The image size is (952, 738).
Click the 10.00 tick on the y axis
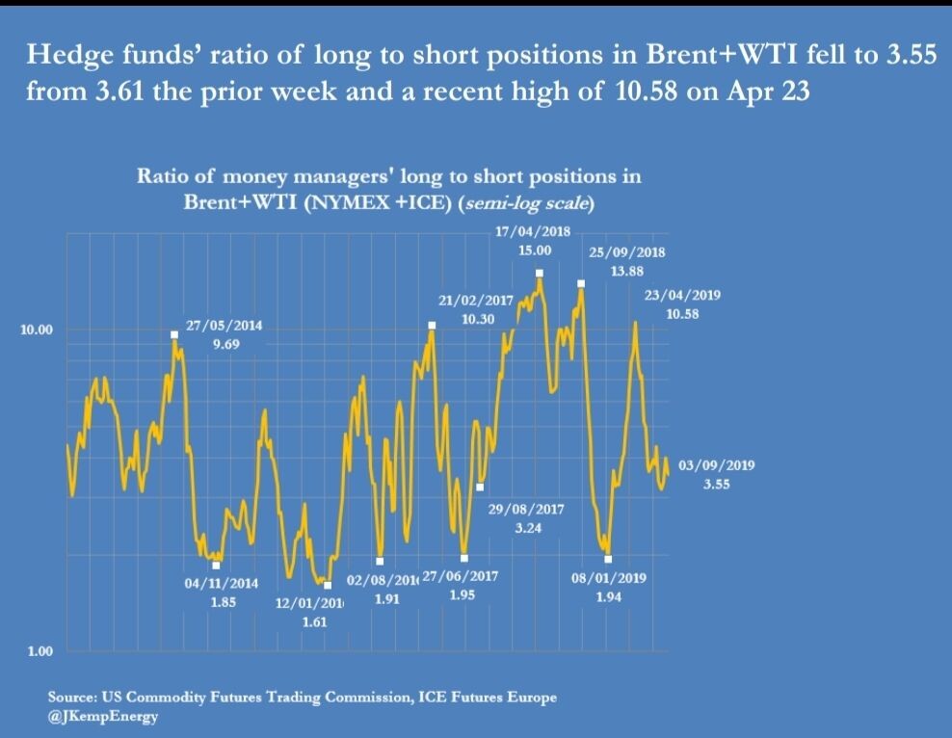point(37,329)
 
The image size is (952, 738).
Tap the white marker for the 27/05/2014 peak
point(174,334)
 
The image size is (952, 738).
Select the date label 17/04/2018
point(533,232)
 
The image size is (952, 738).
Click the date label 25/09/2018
point(626,253)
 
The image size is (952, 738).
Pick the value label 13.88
point(627,272)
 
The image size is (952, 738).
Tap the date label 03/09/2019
point(717,465)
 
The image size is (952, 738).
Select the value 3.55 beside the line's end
point(716,485)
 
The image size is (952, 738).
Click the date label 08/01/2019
point(608,579)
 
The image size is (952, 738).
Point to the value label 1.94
point(608,597)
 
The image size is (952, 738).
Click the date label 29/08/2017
point(526,510)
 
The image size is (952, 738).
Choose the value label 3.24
point(526,528)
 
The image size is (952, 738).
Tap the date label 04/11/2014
point(223,584)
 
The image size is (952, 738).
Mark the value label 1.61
point(314,622)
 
